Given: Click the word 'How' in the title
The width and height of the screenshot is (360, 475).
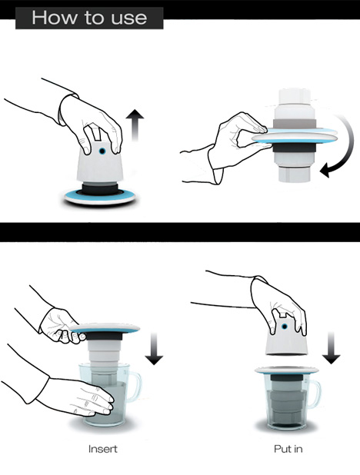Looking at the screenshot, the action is click(x=55, y=18).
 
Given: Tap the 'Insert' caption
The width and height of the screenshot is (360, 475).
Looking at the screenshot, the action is click(x=103, y=449).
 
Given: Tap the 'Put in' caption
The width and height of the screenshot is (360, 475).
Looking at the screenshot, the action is click(x=288, y=449).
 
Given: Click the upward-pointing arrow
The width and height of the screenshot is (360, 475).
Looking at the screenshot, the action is click(x=135, y=125).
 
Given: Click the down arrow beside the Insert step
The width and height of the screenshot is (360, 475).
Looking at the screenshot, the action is click(x=154, y=348).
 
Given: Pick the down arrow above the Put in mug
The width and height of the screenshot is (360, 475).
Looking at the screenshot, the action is click(x=331, y=347).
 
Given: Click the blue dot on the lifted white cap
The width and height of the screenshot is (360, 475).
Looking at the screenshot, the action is click(x=102, y=151).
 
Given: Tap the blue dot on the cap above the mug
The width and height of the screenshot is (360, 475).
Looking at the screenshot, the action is click(x=285, y=327).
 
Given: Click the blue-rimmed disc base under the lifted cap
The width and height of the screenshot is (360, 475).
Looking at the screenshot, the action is click(x=100, y=196).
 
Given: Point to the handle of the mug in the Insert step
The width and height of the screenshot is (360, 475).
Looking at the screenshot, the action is click(x=135, y=387).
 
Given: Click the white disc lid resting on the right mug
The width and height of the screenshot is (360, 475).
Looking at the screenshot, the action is click(x=287, y=370).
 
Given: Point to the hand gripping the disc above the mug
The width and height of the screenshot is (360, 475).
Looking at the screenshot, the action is click(x=61, y=326).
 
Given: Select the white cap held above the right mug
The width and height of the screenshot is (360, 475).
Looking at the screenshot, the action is click(x=287, y=337).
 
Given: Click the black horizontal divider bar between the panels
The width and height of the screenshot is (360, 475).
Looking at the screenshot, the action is click(x=180, y=232).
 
